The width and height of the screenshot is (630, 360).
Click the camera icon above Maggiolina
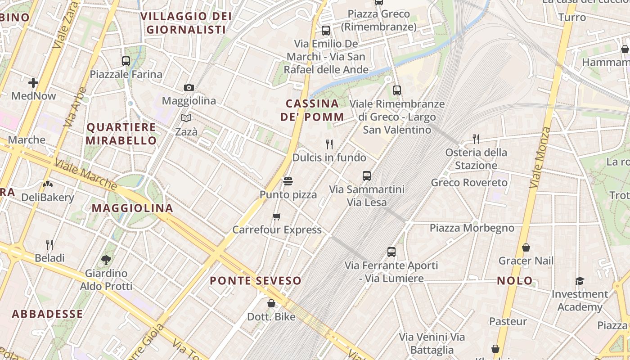189,87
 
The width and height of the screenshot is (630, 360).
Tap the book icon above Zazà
186,118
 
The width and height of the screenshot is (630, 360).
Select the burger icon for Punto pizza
288,181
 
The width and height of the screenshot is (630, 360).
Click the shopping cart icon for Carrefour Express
277,217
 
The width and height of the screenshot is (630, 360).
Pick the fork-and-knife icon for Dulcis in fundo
329,144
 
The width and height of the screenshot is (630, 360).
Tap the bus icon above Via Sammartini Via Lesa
367,176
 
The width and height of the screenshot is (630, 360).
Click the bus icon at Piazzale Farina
126,61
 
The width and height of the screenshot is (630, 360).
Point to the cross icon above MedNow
33,83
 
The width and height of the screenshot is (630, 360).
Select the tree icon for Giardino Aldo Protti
106,260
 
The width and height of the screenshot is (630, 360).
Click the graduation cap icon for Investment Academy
580,281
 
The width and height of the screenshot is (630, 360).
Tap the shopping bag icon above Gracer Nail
526,247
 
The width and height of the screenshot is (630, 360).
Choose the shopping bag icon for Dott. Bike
271,303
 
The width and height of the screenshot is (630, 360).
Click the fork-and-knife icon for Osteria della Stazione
476,139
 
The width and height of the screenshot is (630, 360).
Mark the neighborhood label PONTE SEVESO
256,281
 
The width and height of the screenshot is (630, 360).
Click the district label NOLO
515,281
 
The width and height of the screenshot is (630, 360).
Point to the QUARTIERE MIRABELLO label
121,134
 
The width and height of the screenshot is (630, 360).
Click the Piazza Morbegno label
472,228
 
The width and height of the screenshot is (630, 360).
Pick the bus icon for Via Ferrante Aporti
391,252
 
